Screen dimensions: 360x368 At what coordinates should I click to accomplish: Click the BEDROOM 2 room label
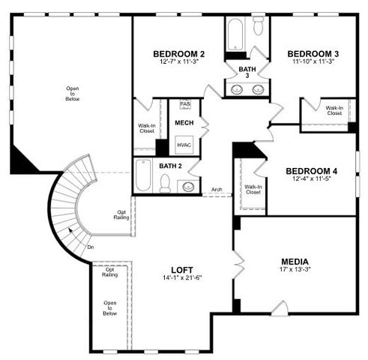178,54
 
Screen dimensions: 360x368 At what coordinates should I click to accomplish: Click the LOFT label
182,269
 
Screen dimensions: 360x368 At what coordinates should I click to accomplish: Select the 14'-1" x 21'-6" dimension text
182,278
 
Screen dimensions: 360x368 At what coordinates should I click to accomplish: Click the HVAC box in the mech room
184,145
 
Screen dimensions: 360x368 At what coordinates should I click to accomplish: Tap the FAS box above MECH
184,104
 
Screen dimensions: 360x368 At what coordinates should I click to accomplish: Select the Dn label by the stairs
90,247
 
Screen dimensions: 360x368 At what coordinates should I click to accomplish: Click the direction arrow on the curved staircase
72,231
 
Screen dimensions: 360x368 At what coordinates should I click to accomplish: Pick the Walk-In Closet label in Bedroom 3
334,110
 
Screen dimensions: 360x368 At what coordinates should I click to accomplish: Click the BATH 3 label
247,72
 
